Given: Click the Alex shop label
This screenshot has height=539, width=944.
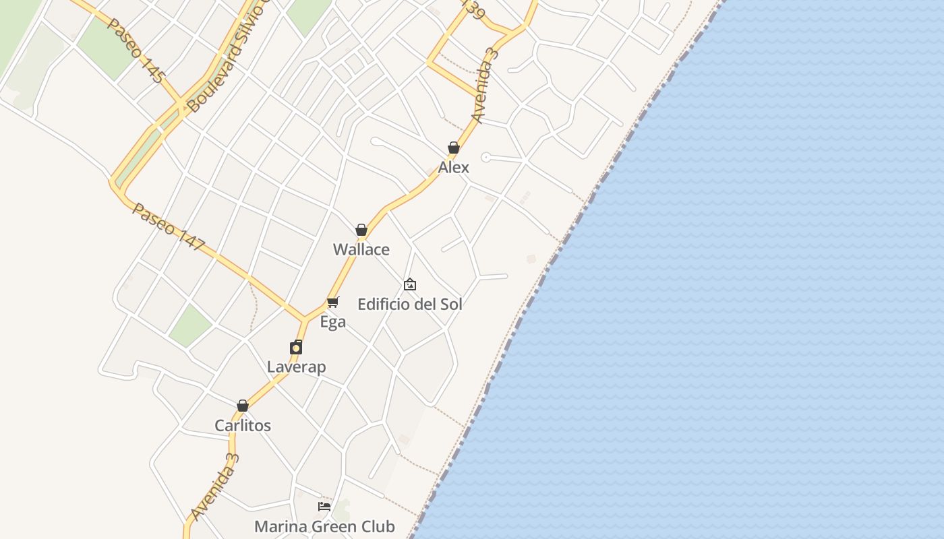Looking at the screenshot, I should click(x=453, y=167).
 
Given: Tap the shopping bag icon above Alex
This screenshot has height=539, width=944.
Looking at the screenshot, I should click(x=454, y=148).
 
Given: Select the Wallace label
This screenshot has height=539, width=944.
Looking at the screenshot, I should click(x=361, y=249).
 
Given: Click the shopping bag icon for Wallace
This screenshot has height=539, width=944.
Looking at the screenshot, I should click(x=361, y=230).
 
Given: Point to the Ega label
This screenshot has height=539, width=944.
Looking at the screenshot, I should click(x=332, y=322).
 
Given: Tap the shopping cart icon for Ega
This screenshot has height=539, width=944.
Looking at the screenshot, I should click(x=332, y=302).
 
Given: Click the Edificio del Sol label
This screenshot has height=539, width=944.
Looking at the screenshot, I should click(x=410, y=304).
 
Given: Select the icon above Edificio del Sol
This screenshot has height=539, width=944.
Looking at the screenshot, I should click(x=410, y=284).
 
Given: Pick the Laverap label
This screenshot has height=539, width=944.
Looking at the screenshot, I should click(x=296, y=367).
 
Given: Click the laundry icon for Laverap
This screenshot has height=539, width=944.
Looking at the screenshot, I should click(x=296, y=348).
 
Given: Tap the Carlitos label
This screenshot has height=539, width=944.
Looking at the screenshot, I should click(x=243, y=426).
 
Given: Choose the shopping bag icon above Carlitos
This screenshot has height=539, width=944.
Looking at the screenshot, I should click(x=243, y=406).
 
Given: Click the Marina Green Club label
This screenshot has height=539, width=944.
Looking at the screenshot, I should click(x=324, y=526).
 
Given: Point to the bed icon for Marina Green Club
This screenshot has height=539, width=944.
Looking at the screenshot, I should click(x=324, y=506).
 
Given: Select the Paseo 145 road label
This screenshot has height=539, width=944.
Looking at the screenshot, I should click(x=136, y=50).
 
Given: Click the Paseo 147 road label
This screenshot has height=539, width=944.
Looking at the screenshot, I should click(x=168, y=227).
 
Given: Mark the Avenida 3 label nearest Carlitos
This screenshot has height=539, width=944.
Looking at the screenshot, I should click(x=215, y=486).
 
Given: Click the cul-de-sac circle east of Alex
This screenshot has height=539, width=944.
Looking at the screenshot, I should click(x=485, y=157).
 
